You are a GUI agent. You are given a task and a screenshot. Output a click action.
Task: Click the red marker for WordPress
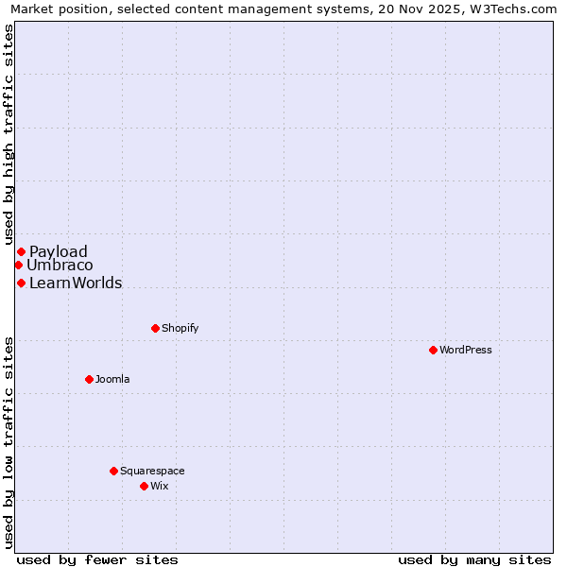click(x=433, y=350)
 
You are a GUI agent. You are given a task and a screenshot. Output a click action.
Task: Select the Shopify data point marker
click(x=155, y=328)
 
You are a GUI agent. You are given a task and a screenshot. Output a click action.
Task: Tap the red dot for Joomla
click(x=89, y=379)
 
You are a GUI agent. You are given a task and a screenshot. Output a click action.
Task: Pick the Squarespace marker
click(x=113, y=471)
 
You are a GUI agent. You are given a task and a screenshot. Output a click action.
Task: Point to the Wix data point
click(x=144, y=486)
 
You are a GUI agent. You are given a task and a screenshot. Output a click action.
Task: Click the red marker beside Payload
click(x=21, y=251)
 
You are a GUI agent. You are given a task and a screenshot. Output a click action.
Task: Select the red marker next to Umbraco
click(x=18, y=265)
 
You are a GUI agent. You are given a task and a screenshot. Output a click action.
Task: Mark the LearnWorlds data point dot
click(x=21, y=283)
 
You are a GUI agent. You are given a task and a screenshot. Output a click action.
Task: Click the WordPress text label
click(x=466, y=350)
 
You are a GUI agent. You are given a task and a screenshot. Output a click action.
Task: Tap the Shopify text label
click(x=180, y=328)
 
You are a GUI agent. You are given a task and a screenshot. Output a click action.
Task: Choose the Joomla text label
click(x=112, y=379)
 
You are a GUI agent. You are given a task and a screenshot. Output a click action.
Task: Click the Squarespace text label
click(x=152, y=471)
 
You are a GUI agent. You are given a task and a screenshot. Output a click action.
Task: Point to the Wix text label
click(x=159, y=486)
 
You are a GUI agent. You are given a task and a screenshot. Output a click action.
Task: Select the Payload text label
click(x=59, y=251)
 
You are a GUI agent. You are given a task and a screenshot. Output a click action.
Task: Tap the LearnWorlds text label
click(x=76, y=283)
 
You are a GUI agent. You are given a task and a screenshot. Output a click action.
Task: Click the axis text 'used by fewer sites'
click(x=97, y=559)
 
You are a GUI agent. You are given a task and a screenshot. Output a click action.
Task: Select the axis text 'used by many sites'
click(x=474, y=559)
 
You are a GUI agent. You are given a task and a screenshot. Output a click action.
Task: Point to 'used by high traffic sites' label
click(x=9, y=135)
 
